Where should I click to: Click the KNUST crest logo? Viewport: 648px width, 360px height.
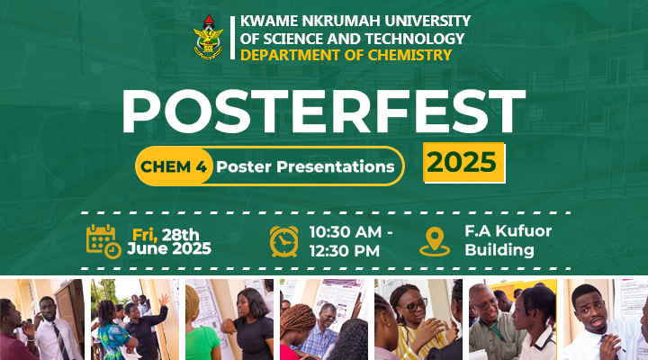[208, 37]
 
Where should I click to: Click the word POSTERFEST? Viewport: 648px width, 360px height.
[323, 111]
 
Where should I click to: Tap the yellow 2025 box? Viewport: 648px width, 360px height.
[463, 162]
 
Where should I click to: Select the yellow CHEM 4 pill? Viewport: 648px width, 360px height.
[174, 166]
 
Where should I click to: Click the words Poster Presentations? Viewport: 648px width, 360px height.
[305, 166]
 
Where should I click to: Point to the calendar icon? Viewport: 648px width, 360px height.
[103, 241]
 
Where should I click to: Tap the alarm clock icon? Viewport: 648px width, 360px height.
[283, 241]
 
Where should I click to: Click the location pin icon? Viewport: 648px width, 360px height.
[435, 242]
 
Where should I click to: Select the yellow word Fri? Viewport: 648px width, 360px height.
[145, 235]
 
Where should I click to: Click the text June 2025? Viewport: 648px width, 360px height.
[169, 248]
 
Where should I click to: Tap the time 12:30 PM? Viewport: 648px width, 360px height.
[344, 251]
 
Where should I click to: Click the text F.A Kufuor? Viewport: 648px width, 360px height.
[508, 231]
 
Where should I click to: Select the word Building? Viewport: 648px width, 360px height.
[499, 250]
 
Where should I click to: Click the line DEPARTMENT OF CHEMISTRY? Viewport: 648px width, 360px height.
[346, 55]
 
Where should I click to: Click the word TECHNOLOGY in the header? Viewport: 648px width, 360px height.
[415, 39]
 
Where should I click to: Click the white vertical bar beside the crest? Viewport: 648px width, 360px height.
[233, 38]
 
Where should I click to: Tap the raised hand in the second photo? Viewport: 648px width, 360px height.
[164, 300]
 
